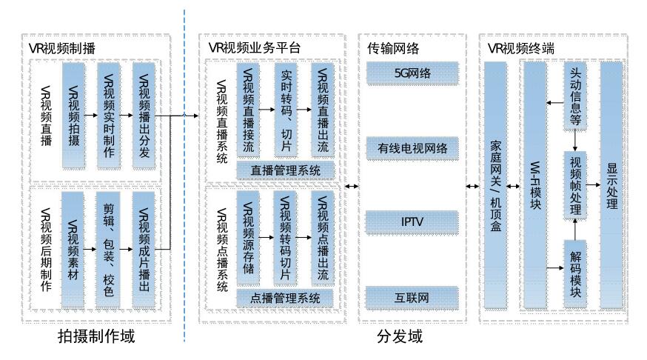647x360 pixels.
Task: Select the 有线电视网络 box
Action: point(412,150)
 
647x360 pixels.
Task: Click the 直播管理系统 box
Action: point(285,170)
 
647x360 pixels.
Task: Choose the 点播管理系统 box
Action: point(285,298)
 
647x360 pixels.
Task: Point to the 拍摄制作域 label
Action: point(97,337)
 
